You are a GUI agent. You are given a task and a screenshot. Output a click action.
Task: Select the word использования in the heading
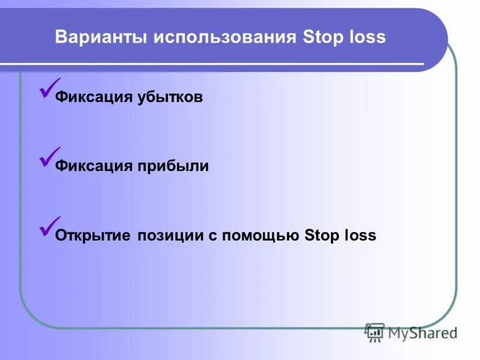tap(224, 38)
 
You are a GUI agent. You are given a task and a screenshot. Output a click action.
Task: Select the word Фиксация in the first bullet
tap(91, 97)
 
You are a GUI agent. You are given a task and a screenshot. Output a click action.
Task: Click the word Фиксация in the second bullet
tap(91, 166)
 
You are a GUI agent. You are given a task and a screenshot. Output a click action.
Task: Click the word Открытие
tap(92, 235)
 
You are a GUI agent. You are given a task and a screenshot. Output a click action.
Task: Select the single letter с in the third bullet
tap(212, 236)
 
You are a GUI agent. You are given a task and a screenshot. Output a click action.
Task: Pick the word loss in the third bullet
tap(361, 235)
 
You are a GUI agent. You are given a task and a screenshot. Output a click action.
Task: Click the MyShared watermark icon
tap(375, 332)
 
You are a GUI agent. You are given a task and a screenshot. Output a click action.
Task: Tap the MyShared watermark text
tap(422, 333)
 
